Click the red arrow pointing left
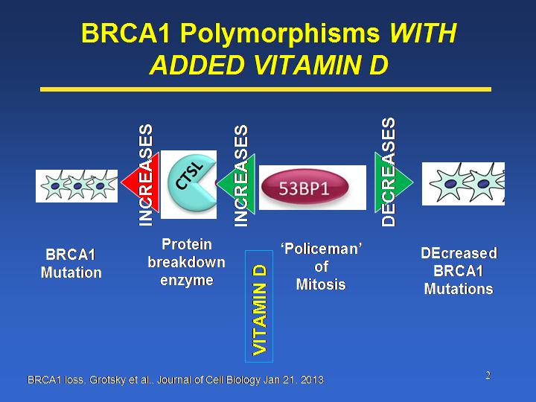[141, 182]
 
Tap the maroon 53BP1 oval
[305, 188]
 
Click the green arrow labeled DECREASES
[394, 182]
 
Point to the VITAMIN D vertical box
[259, 306]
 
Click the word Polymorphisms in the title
[279, 33]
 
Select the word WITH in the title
[423, 33]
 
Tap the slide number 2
[488, 376]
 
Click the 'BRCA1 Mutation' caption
[71, 264]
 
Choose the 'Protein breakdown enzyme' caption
[187, 262]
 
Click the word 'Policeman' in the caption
[322, 249]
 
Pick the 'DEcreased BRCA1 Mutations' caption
[459, 271]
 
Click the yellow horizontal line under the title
[266, 89]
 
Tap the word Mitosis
[321, 284]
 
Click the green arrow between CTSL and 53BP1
[237, 183]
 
